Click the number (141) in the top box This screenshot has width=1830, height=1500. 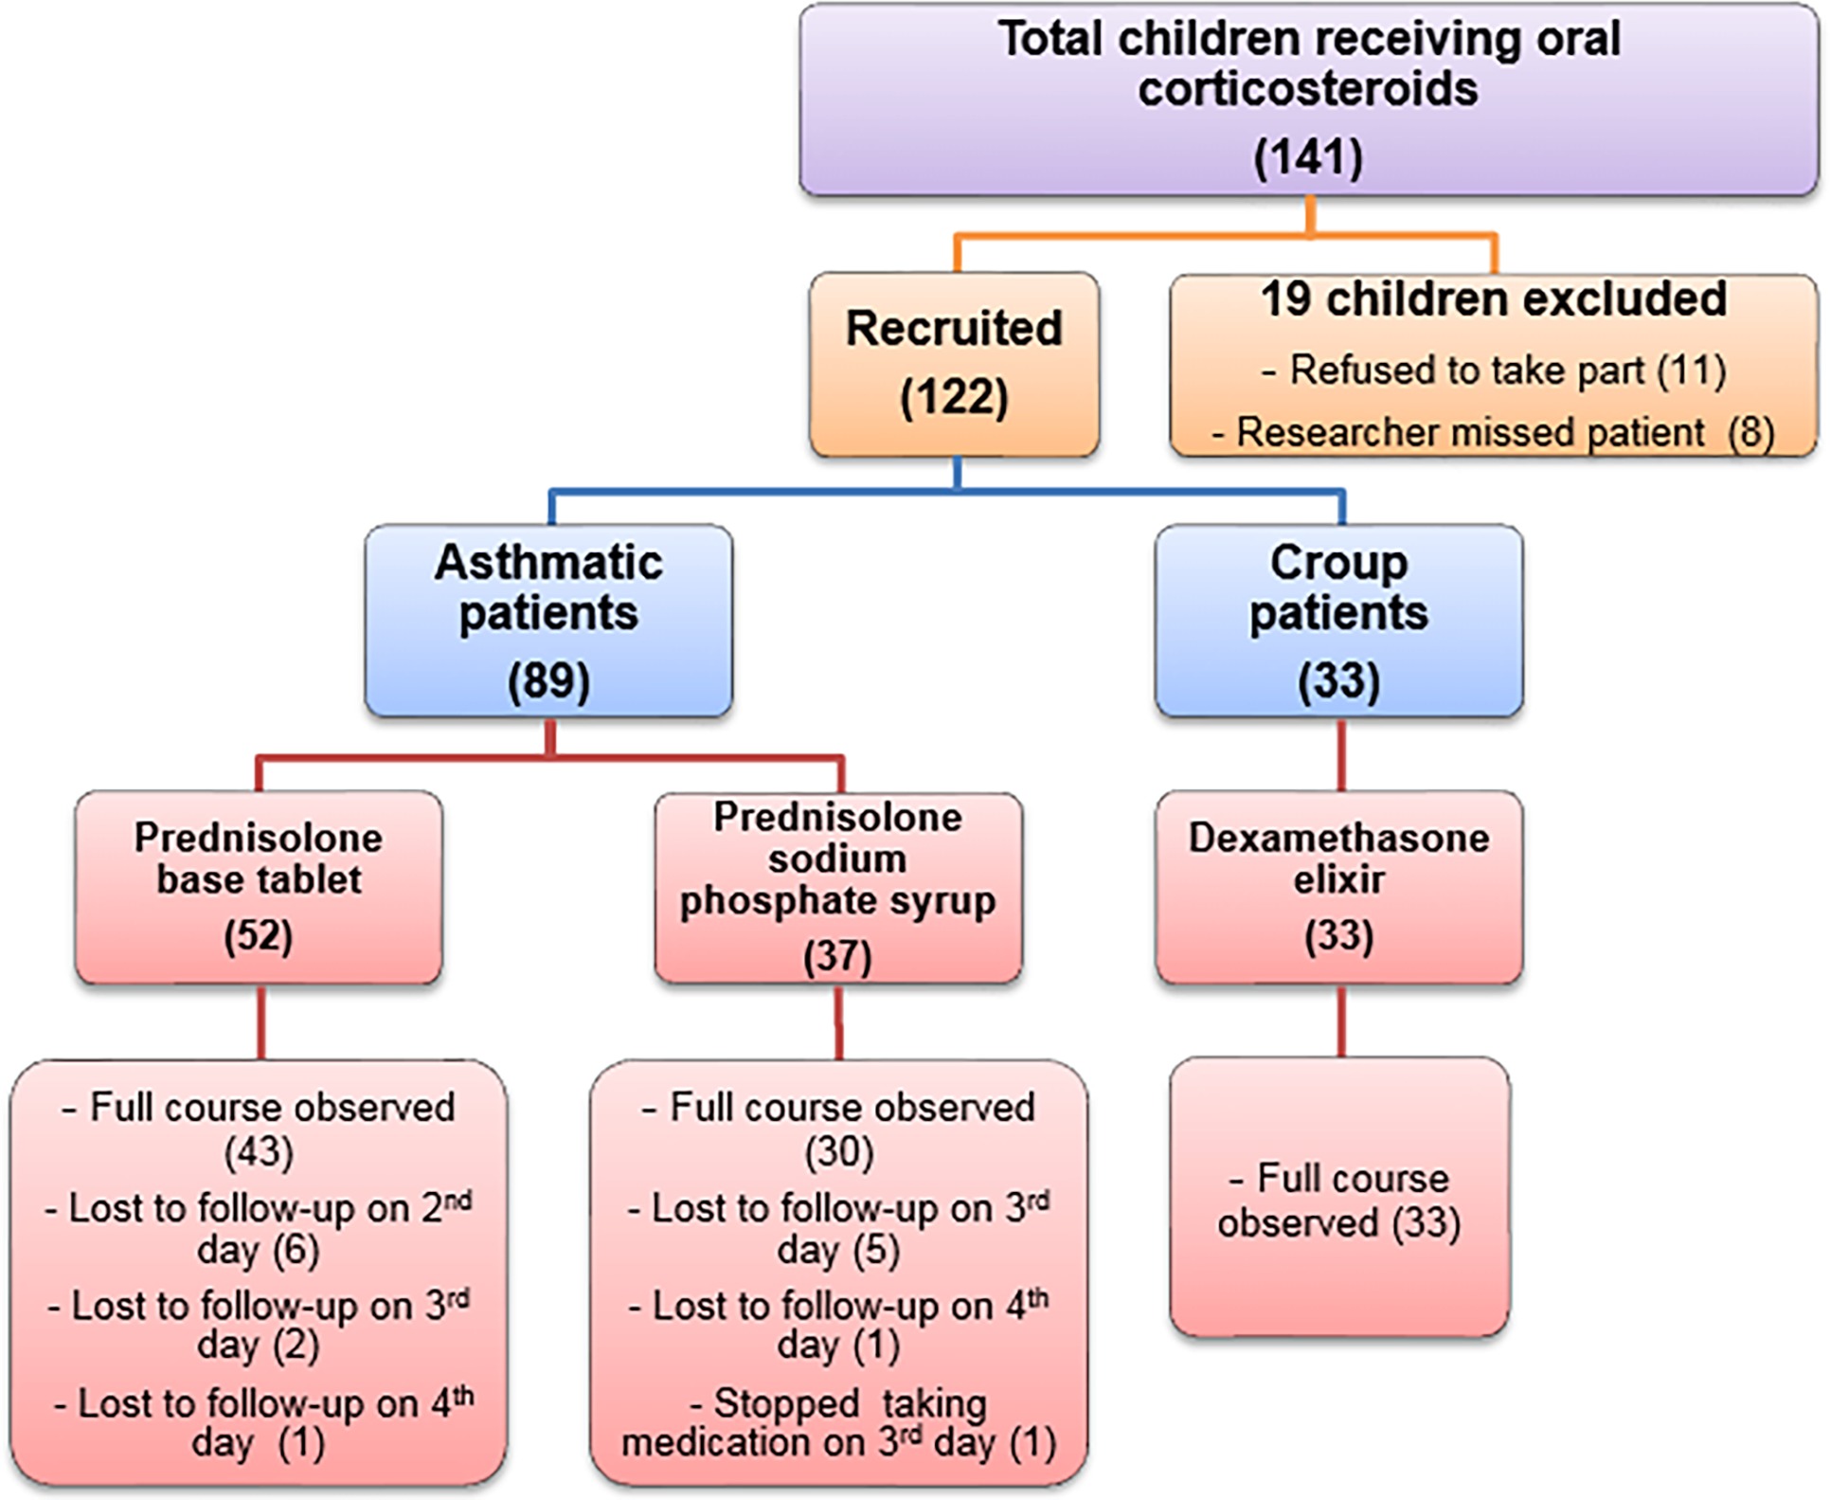coord(1308,156)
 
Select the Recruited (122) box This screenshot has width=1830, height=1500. coord(954,365)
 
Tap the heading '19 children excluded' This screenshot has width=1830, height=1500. coord(1494,299)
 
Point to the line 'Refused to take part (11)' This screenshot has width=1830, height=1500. coord(1494,370)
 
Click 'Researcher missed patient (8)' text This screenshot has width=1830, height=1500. coord(1494,432)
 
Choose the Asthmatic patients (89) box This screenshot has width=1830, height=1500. coord(548,621)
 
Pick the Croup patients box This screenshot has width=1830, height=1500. coord(1338,621)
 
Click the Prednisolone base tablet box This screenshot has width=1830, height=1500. coord(259,888)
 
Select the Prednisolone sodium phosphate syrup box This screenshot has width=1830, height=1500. coord(838,888)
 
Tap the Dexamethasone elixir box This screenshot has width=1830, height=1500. coord(1338,888)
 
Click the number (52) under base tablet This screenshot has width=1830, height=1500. coord(259,936)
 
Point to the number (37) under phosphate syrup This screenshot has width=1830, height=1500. coord(838,956)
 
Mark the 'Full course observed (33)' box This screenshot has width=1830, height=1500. coord(1339,1197)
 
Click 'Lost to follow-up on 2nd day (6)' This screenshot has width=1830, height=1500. coord(259,1228)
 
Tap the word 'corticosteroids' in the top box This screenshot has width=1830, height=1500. coord(1308,89)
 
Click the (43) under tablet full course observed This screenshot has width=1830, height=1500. coord(259,1152)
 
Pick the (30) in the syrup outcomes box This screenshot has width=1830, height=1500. coord(838,1152)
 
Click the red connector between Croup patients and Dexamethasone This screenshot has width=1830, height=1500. coord(1341,755)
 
